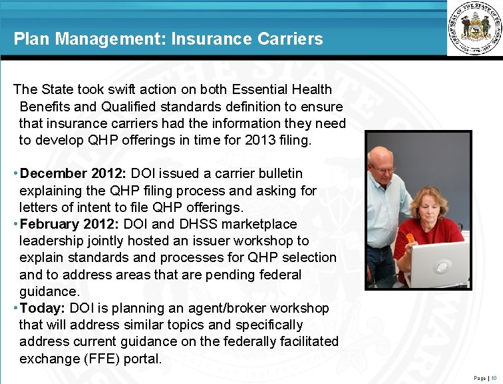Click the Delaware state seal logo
pyautogui.click(x=474, y=29)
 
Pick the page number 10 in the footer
pyautogui.click(x=494, y=378)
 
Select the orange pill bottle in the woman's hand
pyautogui.click(x=410, y=237)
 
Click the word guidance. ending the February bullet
pyautogui.click(x=49, y=291)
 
